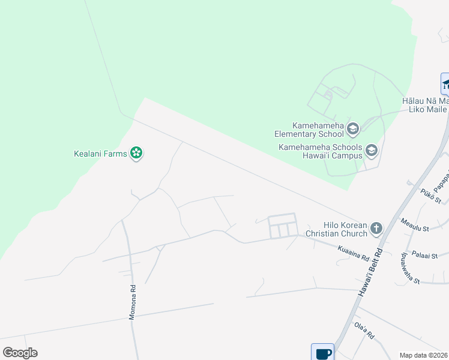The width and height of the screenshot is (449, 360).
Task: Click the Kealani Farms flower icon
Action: [137, 154]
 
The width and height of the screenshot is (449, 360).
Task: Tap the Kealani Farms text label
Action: [100, 154]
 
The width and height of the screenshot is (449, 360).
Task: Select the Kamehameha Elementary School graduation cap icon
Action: [353, 128]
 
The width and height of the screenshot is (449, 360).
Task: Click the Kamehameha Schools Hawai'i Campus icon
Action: [372, 151]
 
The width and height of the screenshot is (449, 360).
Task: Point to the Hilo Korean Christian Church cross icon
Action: [376, 228]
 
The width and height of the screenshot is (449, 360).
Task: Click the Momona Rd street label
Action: [133, 302]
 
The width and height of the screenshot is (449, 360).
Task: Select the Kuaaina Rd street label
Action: [353, 253]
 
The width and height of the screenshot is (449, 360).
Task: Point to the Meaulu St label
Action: [415, 229]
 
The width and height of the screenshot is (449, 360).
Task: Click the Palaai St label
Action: [434, 255]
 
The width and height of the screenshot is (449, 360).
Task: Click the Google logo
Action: [20, 353]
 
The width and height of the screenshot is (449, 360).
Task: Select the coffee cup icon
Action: [322, 353]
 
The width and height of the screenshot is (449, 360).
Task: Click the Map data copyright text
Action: [424, 355]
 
